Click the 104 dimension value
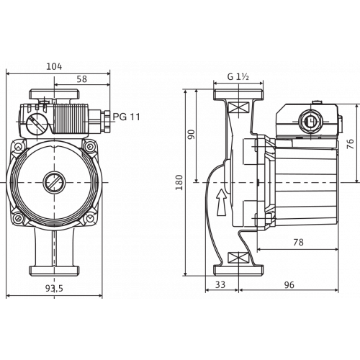click(54, 66)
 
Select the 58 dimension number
click(82, 79)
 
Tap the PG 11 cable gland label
click(126, 117)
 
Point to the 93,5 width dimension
click(54, 289)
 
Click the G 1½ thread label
click(238, 77)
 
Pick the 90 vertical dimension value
click(192, 135)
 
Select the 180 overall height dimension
click(179, 183)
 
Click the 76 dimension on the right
click(351, 144)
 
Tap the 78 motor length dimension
click(298, 243)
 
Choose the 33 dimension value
click(220, 284)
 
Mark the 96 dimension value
click(289, 285)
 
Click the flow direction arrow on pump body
click(222, 202)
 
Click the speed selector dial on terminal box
click(37, 125)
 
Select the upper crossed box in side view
click(238, 107)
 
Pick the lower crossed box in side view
click(238, 258)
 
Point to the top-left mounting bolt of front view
click(18, 146)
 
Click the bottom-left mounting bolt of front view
click(19, 218)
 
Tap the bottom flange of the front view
click(54, 271)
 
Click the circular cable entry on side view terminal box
click(311, 121)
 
